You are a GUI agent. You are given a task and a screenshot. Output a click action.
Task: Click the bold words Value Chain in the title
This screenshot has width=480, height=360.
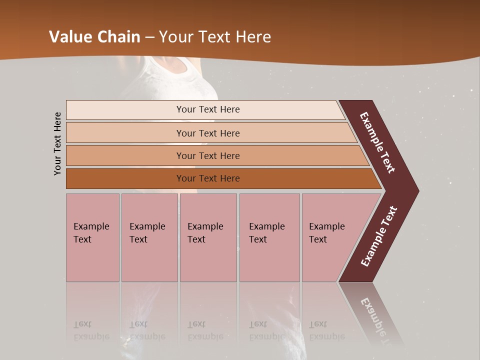tap(95, 37)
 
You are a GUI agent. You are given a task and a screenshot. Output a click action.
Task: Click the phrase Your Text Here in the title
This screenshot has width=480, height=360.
tap(215, 37)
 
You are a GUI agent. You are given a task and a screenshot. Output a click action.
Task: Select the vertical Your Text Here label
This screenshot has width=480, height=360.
tap(57, 143)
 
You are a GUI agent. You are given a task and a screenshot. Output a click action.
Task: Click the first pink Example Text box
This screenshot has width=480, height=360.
tap(92, 237)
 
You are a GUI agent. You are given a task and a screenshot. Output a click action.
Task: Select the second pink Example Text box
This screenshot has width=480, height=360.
tap(149, 237)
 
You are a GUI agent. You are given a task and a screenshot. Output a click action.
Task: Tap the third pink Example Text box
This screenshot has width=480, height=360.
tap(208, 237)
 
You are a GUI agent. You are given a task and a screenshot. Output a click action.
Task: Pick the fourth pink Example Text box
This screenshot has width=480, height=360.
tap(269, 237)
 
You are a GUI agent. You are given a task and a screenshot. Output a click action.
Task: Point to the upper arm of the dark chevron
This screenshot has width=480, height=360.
tap(377, 142)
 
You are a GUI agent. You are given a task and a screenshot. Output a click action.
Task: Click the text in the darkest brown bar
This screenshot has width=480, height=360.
tap(208, 178)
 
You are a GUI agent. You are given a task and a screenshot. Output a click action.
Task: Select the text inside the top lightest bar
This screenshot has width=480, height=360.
tap(208, 109)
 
